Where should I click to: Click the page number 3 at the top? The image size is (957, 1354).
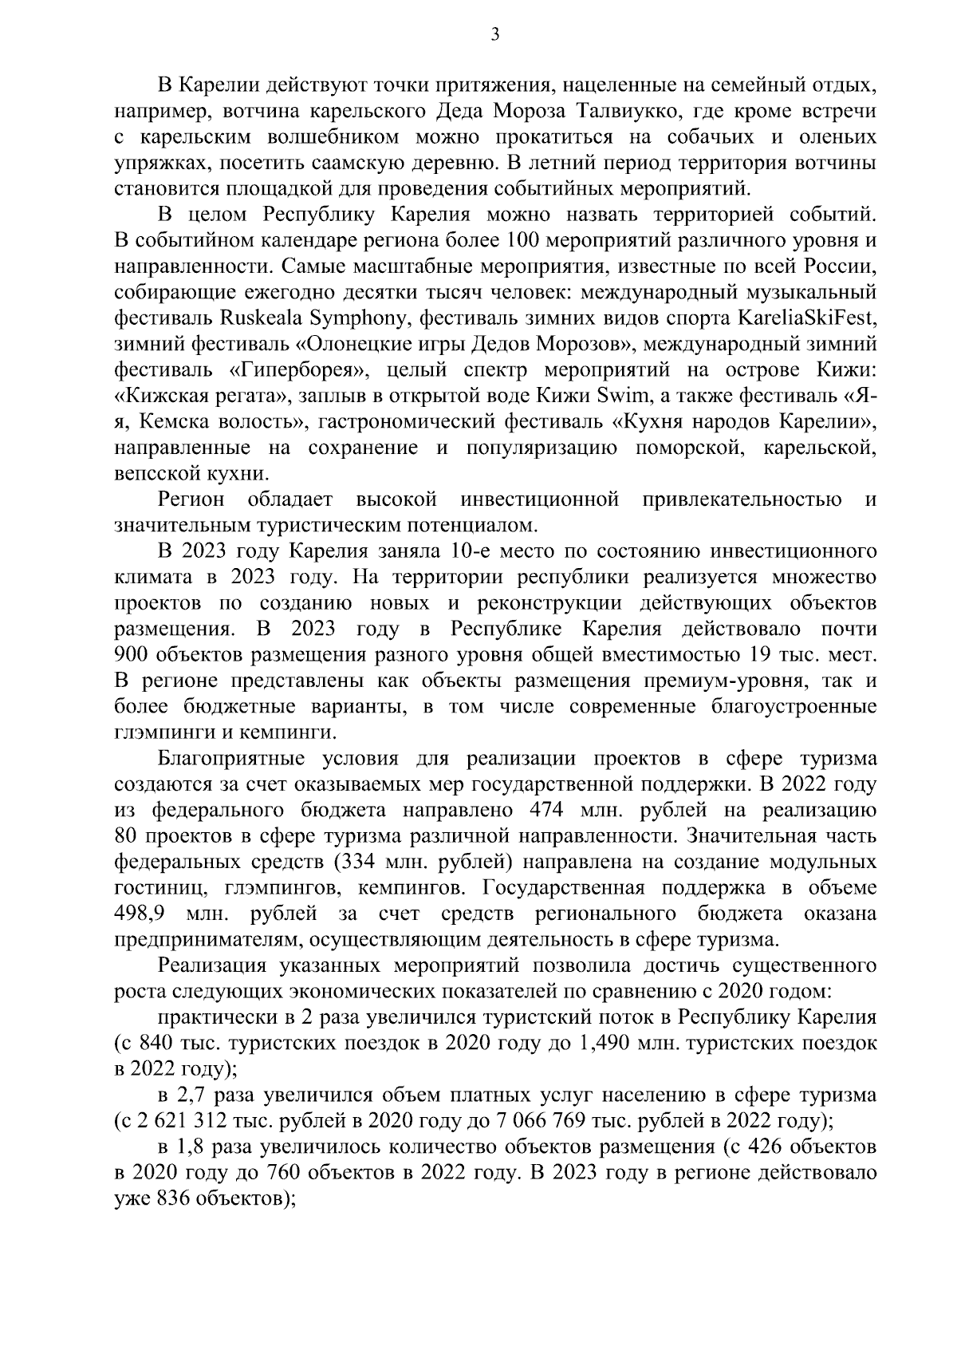pos(494,34)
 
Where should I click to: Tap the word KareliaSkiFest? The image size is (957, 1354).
pos(807,318)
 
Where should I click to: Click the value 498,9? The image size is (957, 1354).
pos(141,914)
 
